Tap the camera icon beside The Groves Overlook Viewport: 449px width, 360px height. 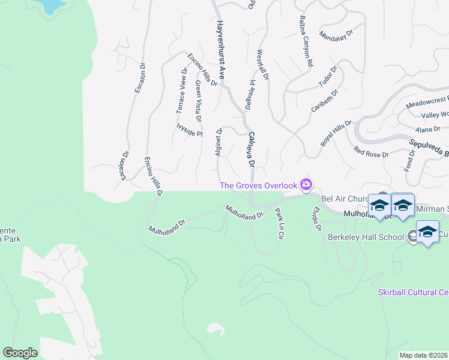(307, 184)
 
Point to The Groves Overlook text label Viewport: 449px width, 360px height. (259, 185)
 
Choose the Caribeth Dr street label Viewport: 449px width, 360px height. (325, 101)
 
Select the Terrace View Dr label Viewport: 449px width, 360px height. (182, 91)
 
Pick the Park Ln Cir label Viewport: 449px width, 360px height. (279, 224)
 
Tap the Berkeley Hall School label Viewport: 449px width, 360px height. (366, 236)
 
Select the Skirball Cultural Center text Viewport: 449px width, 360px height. (413, 292)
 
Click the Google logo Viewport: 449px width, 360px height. (20, 353)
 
